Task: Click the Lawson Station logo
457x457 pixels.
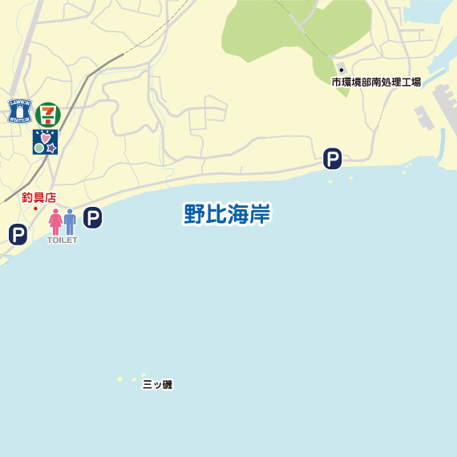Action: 18,111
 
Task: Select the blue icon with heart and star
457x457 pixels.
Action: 45,142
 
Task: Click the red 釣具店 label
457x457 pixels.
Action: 38,197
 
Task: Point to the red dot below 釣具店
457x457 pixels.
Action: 35,208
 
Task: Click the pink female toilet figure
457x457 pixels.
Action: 55,221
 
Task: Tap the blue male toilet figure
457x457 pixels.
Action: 70,221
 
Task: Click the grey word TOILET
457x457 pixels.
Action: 62,240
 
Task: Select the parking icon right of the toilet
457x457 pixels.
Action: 93,217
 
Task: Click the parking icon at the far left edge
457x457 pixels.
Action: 18,234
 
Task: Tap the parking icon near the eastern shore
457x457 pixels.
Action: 332,159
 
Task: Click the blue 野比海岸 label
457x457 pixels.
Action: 227,214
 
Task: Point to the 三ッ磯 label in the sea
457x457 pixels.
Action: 157,385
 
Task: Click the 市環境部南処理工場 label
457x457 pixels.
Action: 376,82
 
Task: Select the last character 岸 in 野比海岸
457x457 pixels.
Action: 259,214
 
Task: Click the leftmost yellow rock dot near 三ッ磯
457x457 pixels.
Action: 120,378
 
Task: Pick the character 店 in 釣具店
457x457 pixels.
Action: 50,197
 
